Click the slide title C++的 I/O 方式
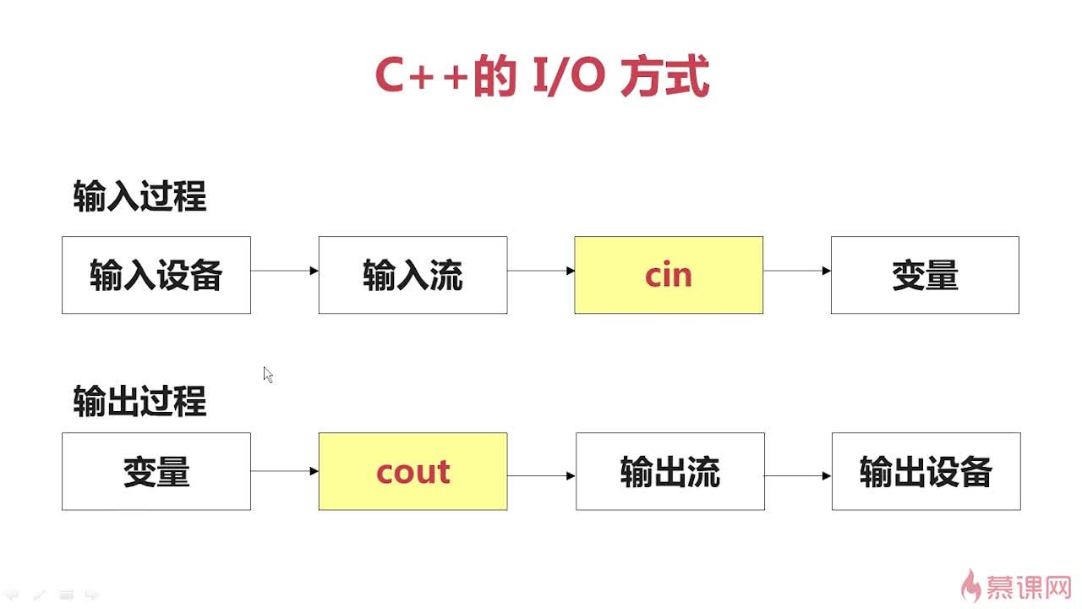[x=541, y=77]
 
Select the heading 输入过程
[x=139, y=197]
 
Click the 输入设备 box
[x=156, y=275]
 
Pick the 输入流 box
[x=413, y=275]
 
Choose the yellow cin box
[x=669, y=275]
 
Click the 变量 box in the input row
[x=925, y=275]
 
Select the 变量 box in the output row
[x=156, y=471]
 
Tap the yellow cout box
[x=413, y=471]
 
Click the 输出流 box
[x=670, y=471]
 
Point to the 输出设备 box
[x=926, y=471]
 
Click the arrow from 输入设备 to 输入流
[x=285, y=271]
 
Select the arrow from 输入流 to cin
[x=541, y=271]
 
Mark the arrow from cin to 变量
[x=797, y=271]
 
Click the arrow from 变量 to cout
[x=285, y=471]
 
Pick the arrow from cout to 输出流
[x=542, y=476]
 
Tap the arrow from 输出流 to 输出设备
[x=798, y=476]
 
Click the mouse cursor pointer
[x=268, y=375]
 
